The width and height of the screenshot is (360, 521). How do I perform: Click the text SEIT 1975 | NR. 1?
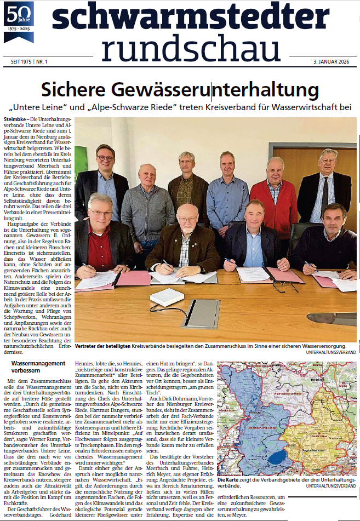tap(26, 62)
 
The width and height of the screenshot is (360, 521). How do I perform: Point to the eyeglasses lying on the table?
tap(285, 286)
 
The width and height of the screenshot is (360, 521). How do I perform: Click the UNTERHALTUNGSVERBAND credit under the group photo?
tap(331, 352)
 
